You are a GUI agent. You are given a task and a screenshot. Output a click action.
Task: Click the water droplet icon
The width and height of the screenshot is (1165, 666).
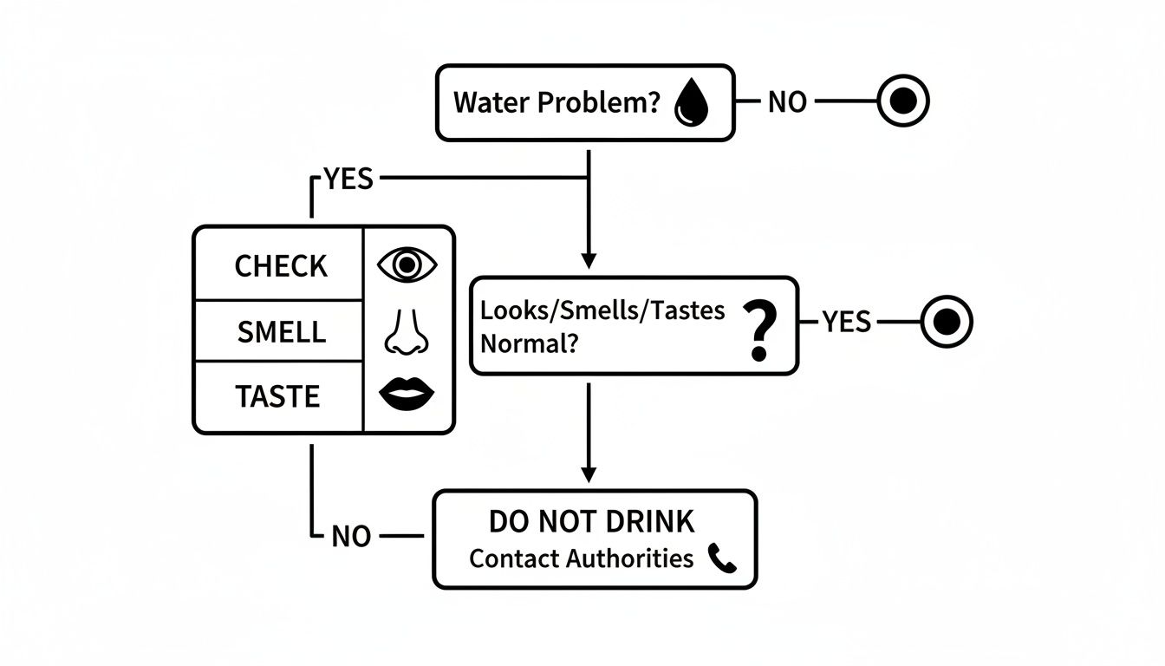click(692, 103)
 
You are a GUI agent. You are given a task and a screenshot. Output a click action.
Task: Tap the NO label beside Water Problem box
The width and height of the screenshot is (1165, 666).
click(787, 102)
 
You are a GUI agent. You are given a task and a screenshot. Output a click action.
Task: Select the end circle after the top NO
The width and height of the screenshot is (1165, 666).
click(903, 102)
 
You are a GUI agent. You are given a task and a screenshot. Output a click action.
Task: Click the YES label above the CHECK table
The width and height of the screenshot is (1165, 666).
click(348, 180)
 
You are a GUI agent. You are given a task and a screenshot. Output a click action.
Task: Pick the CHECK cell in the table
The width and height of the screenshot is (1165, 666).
click(281, 266)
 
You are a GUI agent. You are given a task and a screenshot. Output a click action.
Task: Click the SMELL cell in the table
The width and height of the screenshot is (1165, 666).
click(281, 331)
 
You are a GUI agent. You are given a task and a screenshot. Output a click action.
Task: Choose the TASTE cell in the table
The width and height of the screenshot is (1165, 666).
click(277, 396)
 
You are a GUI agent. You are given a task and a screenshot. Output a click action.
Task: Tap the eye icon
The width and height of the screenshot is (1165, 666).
click(407, 264)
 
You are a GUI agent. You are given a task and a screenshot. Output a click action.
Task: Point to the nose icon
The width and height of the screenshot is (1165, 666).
click(406, 331)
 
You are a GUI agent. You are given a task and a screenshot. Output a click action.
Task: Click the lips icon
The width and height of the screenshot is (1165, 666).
click(407, 395)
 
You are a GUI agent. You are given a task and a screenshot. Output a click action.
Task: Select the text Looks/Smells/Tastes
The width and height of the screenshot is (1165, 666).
click(602, 310)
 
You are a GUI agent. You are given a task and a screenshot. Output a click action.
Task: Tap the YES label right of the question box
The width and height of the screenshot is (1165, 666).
click(846, 323)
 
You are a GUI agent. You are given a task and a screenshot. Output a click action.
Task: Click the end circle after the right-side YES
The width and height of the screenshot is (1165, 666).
click(946, 322)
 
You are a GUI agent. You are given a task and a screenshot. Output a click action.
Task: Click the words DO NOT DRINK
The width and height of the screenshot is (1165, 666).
click(592, 522)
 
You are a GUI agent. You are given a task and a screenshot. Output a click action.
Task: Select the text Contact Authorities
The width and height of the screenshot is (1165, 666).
click(581, 558)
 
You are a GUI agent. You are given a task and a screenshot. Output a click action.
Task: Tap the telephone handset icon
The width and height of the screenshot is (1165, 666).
click(721, 558)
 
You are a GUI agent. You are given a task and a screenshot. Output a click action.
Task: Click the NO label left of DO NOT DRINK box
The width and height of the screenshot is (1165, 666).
click(351, 537)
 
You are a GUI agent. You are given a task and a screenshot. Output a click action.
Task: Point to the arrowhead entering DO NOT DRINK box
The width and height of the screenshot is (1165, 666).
click(589, 475)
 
